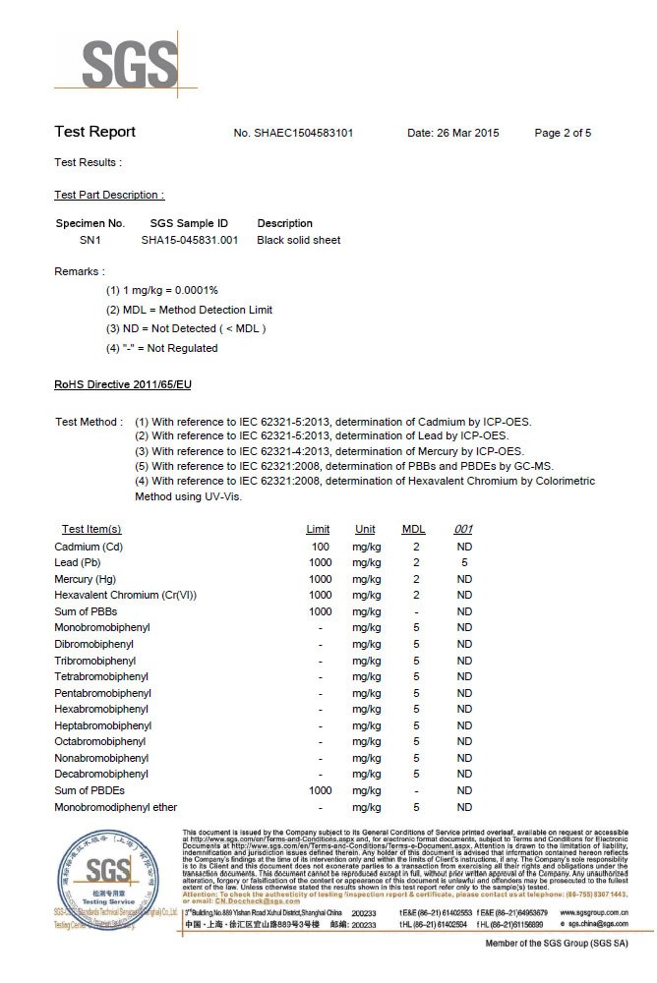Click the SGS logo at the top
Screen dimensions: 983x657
click(x=128, y=65)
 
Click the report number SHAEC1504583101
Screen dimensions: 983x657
click(x=305, y=133)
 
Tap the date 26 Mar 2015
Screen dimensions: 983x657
click(x=453, y=133)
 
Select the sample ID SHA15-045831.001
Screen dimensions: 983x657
click(x=190, y=240)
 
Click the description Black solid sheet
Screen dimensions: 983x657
click(x=299, y=240)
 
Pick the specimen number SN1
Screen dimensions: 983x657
click(x=90, y=240)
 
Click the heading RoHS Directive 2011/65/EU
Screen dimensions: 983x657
click(x=123, y=384)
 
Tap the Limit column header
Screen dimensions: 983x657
click(x=318, y=529)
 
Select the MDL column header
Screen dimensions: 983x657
click(x=414, y=529)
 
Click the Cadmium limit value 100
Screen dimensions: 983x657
click(x=320, y=547)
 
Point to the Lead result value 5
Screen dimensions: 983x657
click(x=464, y=562)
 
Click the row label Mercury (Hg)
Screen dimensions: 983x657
click(x=86, y=579)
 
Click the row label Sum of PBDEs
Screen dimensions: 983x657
click(x=90, y=790)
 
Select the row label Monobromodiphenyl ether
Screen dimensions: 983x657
click(x=116, y=807)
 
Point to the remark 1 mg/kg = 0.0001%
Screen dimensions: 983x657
click(x=161, y=290)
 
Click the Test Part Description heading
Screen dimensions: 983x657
click(x=109, y=195)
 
